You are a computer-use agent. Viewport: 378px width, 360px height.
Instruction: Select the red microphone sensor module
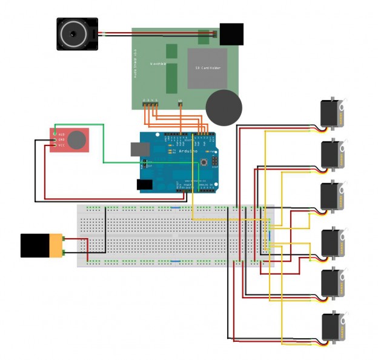click(x=70, y=141)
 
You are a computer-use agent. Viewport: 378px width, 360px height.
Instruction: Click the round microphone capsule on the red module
click(x=77, y=140)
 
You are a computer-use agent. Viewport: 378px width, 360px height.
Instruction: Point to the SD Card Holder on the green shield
click(x=207, y=68)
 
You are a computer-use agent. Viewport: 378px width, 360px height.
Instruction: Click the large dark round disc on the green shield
click(x=224, y=107)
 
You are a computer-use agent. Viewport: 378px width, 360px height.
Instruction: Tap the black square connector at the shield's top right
click(x=231, y=34)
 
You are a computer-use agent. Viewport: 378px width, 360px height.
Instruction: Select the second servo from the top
click(x=333, y=153)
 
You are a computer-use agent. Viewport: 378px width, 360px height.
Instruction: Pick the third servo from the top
click(x=333, y=196)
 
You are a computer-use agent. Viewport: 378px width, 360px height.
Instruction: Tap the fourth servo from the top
click(x=333, y=242)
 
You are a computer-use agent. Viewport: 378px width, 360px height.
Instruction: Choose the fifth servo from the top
click(x=333, y=282)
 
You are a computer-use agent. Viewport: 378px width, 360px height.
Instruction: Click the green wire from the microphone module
click(x=104, y=145)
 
